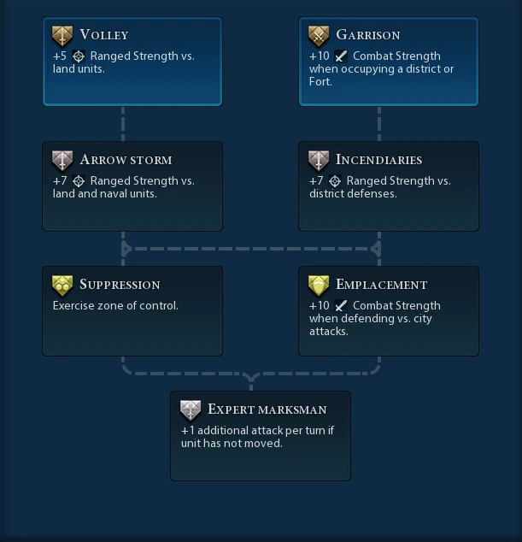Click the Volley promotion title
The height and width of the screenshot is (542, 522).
pos(103,35)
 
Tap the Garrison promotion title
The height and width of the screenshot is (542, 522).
pos(367,35)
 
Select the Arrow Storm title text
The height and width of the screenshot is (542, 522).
pos(126,160)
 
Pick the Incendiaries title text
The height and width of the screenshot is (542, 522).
pos(378,160)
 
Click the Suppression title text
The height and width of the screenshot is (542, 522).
pos(120,285)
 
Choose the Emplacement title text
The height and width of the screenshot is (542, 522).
pos(381,285)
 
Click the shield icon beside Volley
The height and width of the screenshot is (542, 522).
pos(62,36)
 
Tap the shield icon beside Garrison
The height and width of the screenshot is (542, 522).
pos(319,36)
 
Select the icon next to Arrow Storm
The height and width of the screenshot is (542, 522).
pos(62,161)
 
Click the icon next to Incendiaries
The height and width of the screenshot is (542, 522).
pos(319,161)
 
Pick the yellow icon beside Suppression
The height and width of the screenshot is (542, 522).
pos(62,286)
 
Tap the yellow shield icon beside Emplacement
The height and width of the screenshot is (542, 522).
pos(319,286)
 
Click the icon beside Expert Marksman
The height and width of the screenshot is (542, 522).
pos(191,410)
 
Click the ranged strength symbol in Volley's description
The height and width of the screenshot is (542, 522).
pos(79,56)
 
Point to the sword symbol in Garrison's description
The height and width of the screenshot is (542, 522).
pos(341,56)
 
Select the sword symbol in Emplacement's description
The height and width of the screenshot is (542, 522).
pos(341,306)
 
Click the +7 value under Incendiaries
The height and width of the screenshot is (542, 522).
pos(316,181)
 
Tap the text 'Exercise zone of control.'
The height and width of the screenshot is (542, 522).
pos(115,305)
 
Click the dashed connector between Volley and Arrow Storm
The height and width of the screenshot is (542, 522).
pos(123,123)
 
